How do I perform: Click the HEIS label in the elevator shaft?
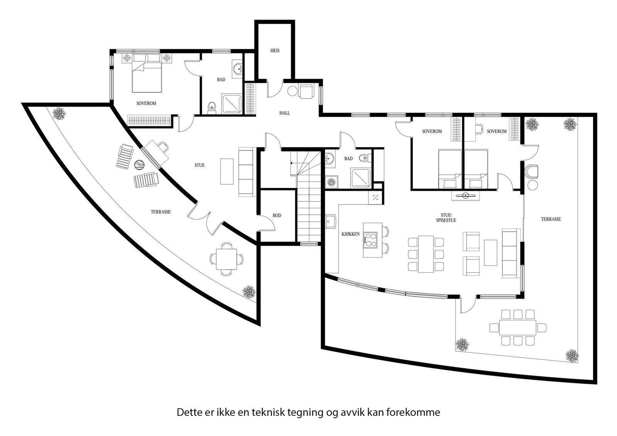[x=275, y=50]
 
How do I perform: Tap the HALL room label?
[x=285, y=113]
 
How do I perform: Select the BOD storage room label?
[x=277, y=216]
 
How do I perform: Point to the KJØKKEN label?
[x=351, y=234]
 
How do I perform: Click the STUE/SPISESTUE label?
[x=446, y=218]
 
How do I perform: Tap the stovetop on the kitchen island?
[x=371, y=240]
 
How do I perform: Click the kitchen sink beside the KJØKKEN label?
[x=330, y=221]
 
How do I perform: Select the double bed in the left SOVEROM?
[x=147, y=73]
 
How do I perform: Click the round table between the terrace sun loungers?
[x=139, y=165]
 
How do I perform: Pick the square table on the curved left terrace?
[x=226, y=259]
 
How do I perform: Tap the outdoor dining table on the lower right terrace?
[x=518, y=327]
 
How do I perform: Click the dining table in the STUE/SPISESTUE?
[x=426, y=254]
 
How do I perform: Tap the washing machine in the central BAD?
[x=331, y=182]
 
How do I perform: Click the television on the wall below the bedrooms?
[x=465, y=196]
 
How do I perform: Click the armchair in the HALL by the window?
[x=306, y=91]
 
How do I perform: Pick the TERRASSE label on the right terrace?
[x=551, y=219]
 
